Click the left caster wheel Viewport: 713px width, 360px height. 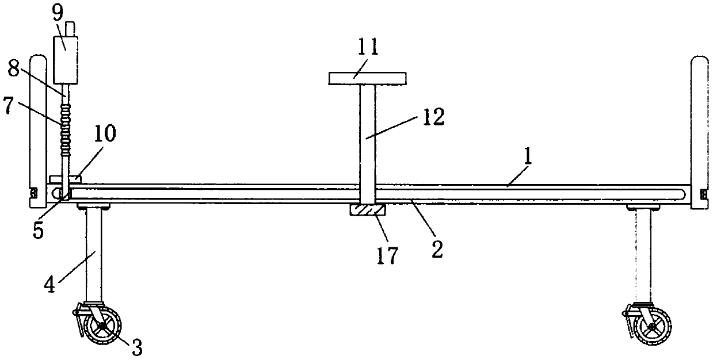(x=102, y=327)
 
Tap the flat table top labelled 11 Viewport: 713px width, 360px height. (x=367, y=78)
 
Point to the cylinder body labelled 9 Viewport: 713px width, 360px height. (x=65, y=58)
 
